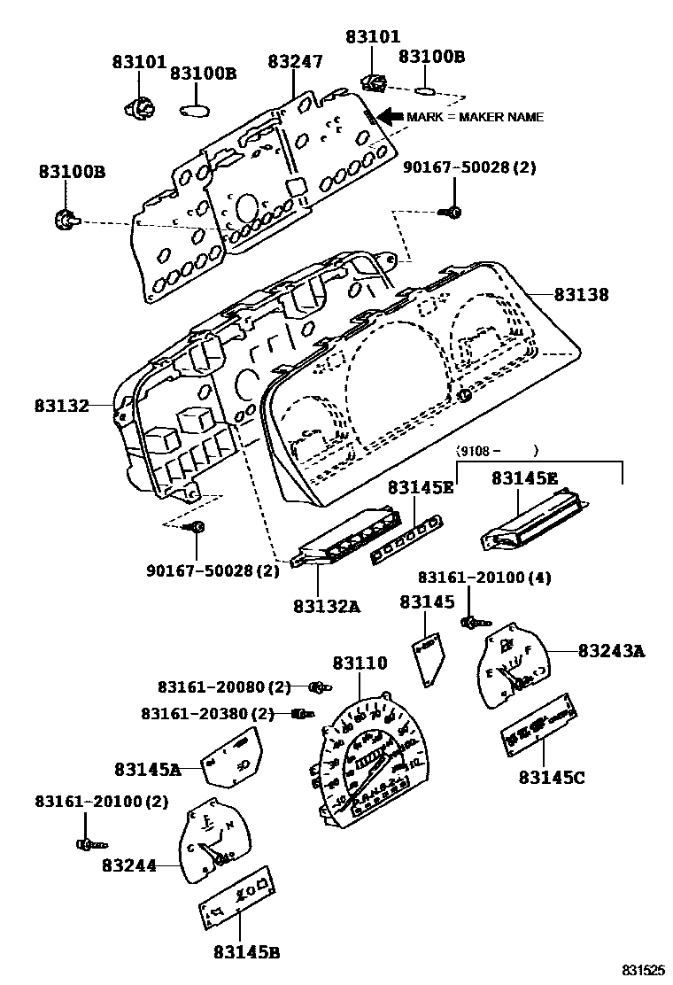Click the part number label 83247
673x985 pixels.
tap(295, 61)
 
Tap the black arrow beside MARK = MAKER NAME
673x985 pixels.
tap(389, 116)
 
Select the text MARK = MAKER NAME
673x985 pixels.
tap(475, 117)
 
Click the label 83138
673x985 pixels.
tap(582, 295)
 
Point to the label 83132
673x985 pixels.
tap(62, 406)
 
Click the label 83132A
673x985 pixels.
tap(327, 606)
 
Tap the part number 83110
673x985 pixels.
tap(360, 663)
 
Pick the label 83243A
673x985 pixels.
tap(611, 651)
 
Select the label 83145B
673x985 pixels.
tap(246, 952)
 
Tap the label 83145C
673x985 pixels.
tap(552, 777)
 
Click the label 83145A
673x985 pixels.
tap(147, 770)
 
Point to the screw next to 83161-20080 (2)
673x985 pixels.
tap(319, 686)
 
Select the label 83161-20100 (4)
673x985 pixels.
tap(484, 578)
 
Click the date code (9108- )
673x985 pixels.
tap(497, 451)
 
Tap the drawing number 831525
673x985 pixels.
tap(640, 971)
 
